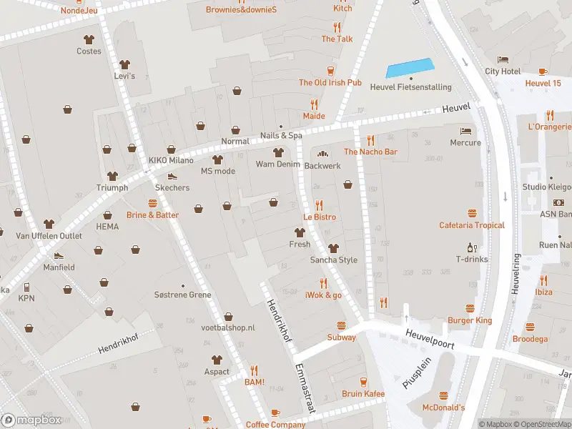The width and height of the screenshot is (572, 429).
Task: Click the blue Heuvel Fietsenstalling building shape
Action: [410, 68]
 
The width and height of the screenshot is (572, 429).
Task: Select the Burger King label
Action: [470, 320]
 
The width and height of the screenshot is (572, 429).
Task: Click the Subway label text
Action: [341, 337]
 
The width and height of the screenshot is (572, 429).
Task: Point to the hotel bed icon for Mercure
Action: [466, 131]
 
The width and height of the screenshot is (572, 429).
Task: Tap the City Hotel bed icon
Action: [503, 59]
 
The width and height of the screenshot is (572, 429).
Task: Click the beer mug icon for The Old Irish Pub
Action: [330, 70]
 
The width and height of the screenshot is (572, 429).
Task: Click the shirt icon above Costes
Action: [89, 39]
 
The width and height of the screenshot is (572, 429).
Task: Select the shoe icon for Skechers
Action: [172, 176]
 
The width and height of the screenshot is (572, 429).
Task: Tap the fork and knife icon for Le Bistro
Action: [319, 204]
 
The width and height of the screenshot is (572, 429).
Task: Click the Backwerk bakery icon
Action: [322, 153]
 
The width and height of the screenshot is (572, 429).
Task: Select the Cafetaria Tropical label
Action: [471, 225]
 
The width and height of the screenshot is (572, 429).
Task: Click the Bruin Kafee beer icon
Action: [363, 382]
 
